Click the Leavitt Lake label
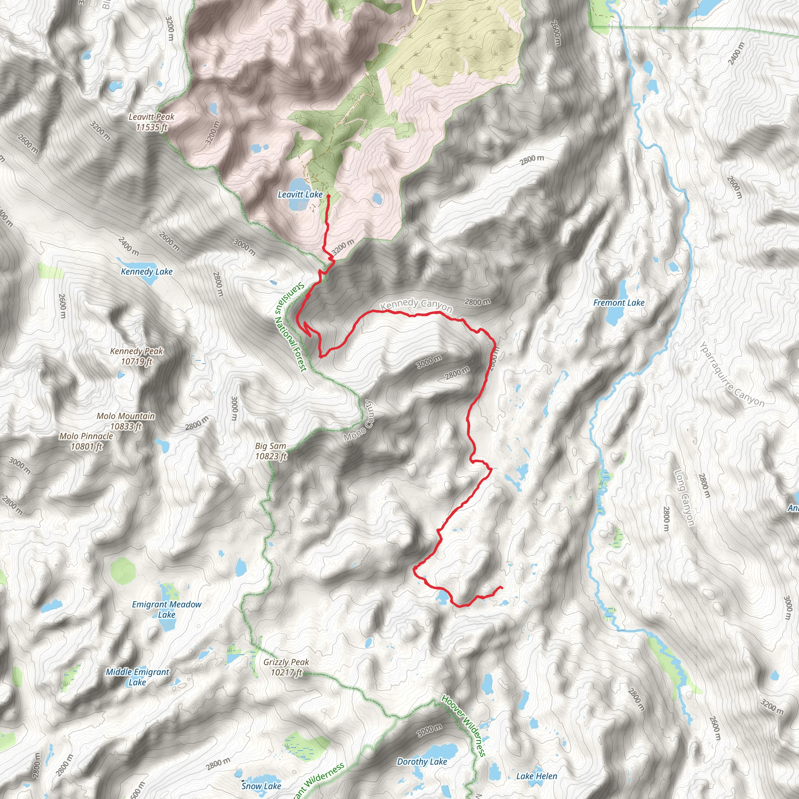(x=300, y=194)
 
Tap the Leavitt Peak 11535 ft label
(x=151, y=122)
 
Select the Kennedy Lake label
(x=146, y=272)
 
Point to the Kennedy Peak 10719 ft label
(x=137, y=356)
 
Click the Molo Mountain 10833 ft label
(x=126, y=421)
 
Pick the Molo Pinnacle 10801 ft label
(x=86, y=441)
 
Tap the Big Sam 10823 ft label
(x=270, y=451)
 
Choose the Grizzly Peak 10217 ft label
(x=286, y=667)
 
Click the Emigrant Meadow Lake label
(x=167, y=609)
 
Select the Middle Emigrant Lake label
(x=137, y=677)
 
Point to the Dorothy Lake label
(x=422, y=762)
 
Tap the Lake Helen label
(x=536, y=776)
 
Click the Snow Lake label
(x=261, y=786)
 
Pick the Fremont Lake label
(x=619, y=303)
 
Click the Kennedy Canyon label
(x=416, y=305)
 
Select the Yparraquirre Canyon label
(x=732, y=374)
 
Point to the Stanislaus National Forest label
(x=291, y=327)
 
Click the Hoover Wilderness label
(x=463, y=719)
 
